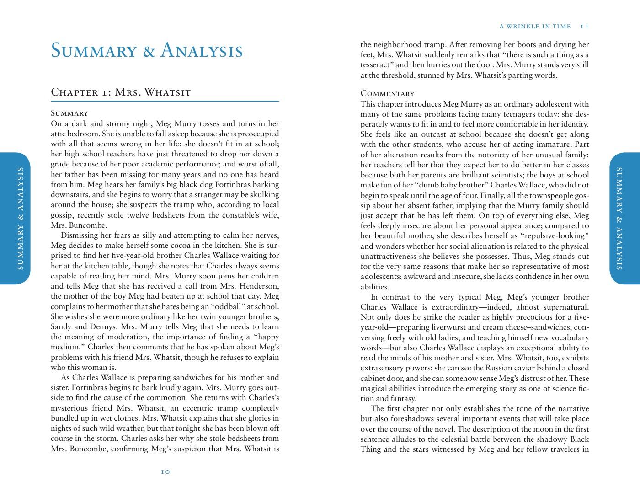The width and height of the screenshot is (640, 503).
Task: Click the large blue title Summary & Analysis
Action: click(147, 50)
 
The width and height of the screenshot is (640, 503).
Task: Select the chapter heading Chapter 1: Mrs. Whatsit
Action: click(121, 92)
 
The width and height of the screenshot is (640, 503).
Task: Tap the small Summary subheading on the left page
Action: click(69, 113)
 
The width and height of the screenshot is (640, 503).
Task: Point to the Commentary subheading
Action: click(387, 94)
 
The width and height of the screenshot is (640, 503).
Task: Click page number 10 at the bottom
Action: click(165, 471)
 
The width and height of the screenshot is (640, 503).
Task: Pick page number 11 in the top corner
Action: click(584, 27)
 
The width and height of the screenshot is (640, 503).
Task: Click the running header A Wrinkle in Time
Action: click(535, 27)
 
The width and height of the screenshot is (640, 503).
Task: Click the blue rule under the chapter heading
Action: click(165, 101)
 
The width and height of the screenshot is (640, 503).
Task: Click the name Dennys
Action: click(103, 327)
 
